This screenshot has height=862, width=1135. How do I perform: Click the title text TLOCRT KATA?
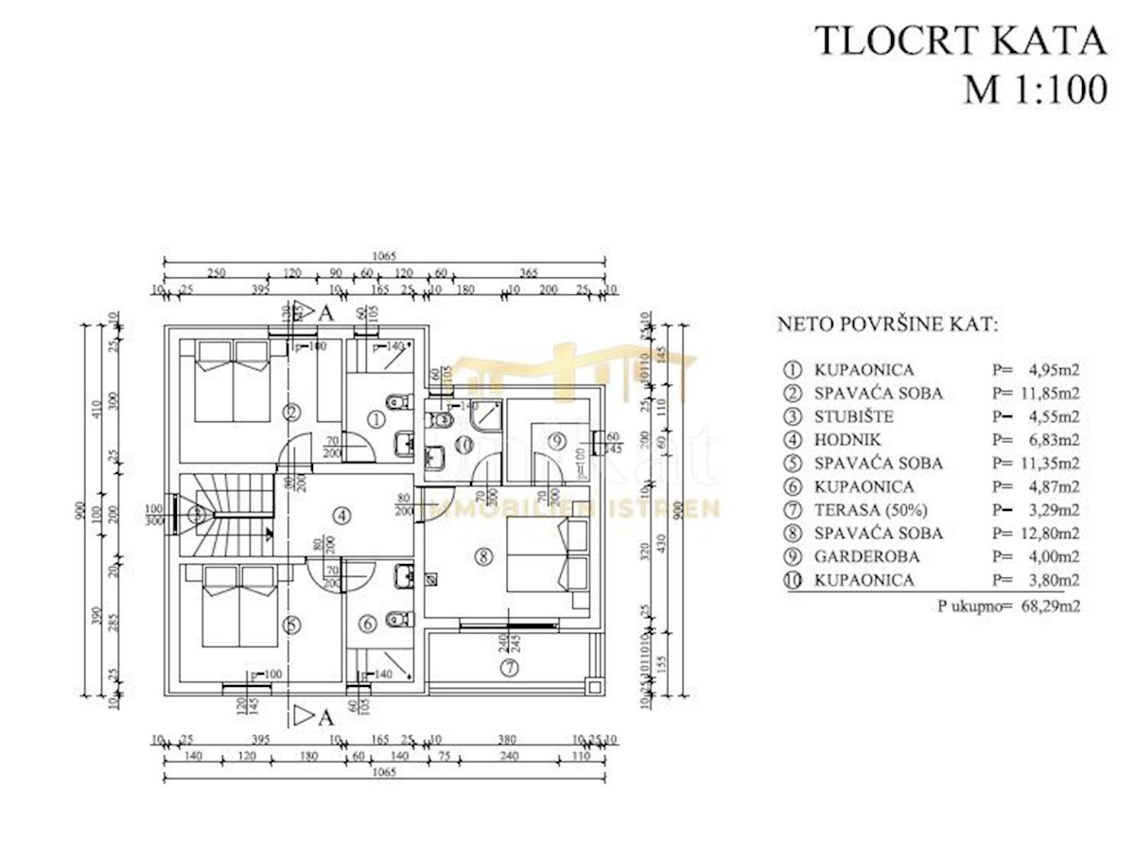[x=960, y=41]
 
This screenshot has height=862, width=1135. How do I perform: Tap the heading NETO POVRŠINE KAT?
[x=886, y=325]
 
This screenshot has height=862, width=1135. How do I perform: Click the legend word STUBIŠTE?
[x=853, y=416]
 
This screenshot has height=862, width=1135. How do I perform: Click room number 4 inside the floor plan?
[x=341, y=516]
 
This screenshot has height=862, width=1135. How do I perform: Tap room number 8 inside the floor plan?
[x=483, y=557]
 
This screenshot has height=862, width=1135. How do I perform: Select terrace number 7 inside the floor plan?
[x=511, y=668]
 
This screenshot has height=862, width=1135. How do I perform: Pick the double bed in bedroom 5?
[x=231, y=605]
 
